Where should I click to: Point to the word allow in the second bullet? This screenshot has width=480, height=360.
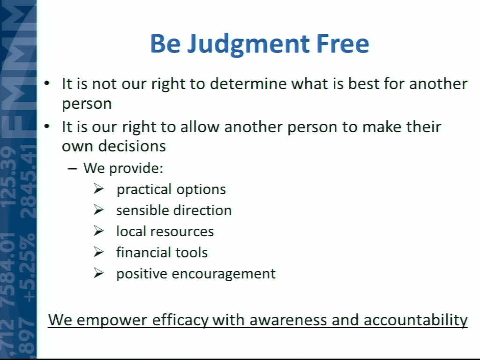click(x=200, y=127)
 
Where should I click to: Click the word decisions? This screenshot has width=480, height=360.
click(x=132, y=146)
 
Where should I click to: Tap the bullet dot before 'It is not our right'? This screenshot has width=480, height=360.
click(x=46, y=83)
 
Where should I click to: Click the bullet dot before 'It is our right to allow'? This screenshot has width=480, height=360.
click(x=46, y=127)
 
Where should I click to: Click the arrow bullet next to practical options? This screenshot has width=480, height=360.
click(x=99, y=189)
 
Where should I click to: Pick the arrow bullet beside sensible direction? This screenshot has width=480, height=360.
click(x=99, y=210)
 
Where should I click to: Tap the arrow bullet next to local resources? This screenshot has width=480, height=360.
click(x=99, y=231)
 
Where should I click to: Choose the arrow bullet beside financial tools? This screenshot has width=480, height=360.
click(x=99, y=252)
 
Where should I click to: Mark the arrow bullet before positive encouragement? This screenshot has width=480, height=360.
click(x=99, y=273)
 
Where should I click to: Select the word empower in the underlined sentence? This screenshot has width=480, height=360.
click(x=112, y=321)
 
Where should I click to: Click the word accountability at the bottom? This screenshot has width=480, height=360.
click(x=416, y=320)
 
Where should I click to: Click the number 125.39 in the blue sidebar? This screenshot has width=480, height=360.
click(x=9, y=177)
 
